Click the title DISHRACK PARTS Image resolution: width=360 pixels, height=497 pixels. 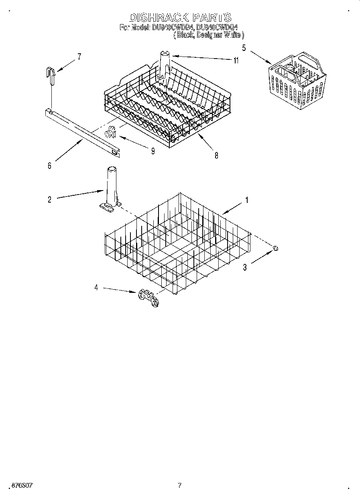coord(180,18)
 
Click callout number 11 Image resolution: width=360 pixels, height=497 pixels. coord(236,61)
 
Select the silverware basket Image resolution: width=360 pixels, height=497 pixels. coord(297,80)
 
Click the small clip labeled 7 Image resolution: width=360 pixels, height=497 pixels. coord(50,75)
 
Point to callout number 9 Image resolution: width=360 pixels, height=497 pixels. coord(153,151)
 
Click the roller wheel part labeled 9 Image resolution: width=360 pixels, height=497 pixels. coord(110,132)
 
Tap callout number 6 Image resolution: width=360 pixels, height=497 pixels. coord(50,166)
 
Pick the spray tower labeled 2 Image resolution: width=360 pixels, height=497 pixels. coord(111,187)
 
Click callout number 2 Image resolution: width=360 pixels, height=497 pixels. coord(50,199)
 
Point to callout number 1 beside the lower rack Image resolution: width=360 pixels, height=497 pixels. coord(247,200)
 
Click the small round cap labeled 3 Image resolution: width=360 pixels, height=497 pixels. coord(275,249)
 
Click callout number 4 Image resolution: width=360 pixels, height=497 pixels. coord(96,288)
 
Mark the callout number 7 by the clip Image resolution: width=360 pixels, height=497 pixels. coord(79,57)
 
